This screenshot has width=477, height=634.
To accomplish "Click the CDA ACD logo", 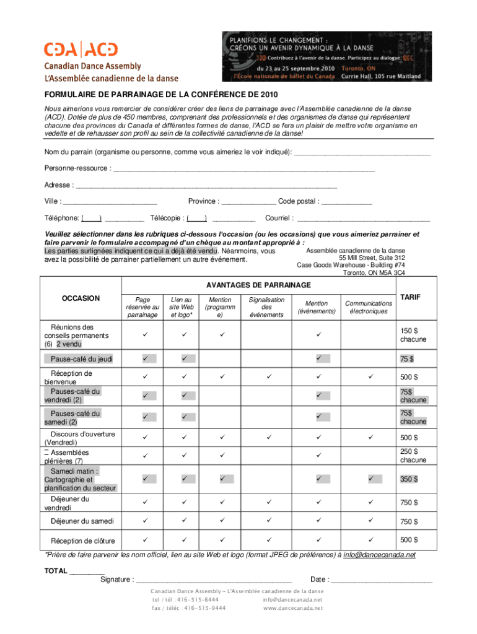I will tap(80, 50).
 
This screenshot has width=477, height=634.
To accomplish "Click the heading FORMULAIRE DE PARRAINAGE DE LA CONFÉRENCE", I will tap(160, 95).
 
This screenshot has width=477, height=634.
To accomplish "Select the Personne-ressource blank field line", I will tap(244, 168).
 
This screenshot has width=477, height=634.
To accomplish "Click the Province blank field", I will tap(248, 202).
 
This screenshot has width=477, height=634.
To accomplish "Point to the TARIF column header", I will tap(409, 298).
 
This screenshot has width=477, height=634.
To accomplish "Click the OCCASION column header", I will tap(81, 298).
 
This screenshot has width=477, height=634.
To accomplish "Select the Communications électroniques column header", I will tap(369, 307).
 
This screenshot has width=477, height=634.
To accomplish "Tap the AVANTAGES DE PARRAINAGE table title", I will tap(258, 285).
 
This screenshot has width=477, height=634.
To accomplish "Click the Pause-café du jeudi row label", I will tap(78, 359).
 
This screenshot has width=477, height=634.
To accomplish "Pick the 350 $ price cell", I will tap(408, 479).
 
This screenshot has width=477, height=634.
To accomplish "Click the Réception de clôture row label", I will tap(82, 541).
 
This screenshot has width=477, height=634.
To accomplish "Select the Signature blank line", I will tap(214, 580).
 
